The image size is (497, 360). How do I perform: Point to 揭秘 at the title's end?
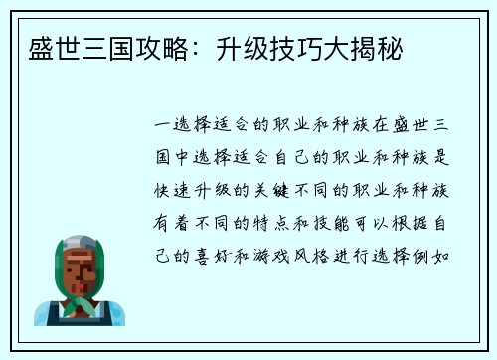382,47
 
